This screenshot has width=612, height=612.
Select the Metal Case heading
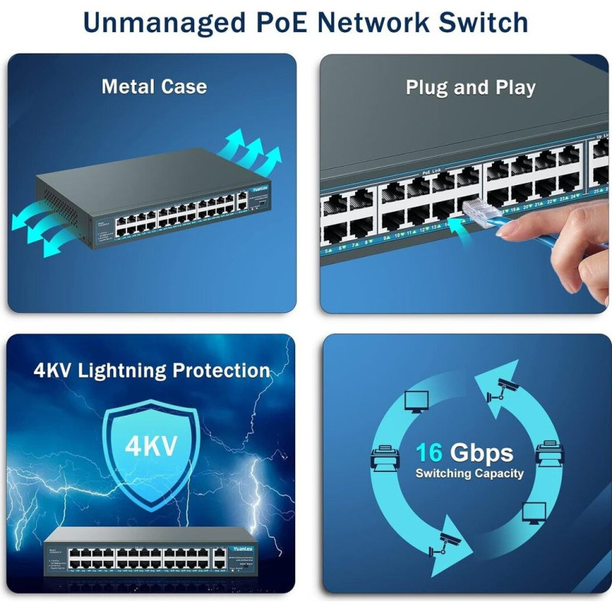(x=154, y=86)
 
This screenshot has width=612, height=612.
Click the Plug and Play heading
(x=470, y=87)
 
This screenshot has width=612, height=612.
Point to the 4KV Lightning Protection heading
(x=151, y=371)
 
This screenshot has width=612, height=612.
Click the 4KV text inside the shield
(x=151, y=445)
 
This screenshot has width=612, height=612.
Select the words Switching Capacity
(x=469, y=474)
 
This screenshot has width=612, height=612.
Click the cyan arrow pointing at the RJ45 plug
(x=457, y=223)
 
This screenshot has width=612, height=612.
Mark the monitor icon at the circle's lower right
(x=532, y=512)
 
